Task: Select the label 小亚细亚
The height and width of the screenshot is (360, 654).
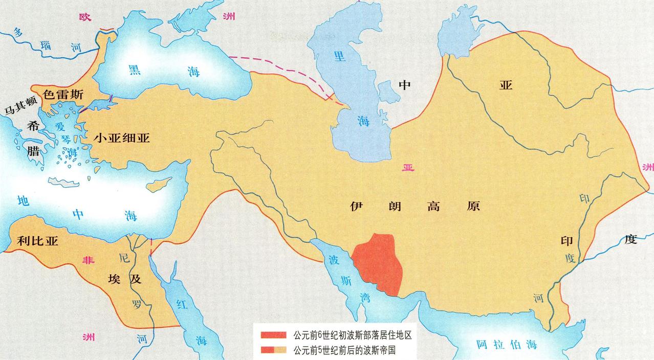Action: pos(122,137)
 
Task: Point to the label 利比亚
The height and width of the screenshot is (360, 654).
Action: pos(37,241)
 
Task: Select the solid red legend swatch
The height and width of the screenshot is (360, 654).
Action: pos(274,336)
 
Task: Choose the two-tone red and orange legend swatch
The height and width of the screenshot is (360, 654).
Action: pos(274,350)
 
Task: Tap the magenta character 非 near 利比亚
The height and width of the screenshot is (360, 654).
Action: pos(89,260)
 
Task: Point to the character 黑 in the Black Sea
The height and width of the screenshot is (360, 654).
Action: pos(135,70)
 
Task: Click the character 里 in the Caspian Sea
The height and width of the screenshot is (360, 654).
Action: pos(340,56)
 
